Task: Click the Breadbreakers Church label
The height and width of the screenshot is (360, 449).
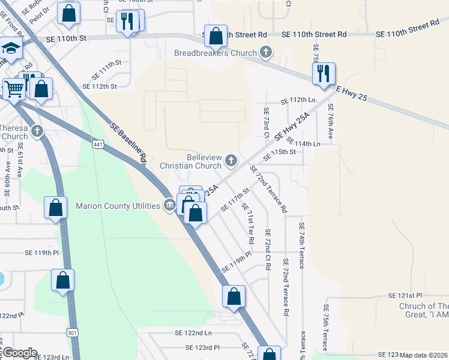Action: [x=215, y=53]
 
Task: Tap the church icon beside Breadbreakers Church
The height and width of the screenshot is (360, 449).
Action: [x=265, y=53]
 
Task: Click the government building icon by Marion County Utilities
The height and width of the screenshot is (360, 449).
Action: [x=170, y=206]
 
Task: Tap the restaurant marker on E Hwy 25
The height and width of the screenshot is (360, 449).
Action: [x=324, y=74]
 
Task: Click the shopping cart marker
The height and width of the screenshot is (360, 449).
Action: [x=15, y=89]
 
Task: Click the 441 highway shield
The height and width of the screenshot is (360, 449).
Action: [x=99, y=144]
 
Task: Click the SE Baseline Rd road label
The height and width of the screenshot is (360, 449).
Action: [x=129, y=143]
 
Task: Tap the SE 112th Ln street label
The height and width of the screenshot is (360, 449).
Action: [x=298, y=100]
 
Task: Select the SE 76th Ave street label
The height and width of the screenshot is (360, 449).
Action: [x=330, y=119]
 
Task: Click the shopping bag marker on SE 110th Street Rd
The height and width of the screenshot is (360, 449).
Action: [x=215, y=36]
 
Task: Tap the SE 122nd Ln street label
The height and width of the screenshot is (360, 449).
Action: [x=193, y=332]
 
